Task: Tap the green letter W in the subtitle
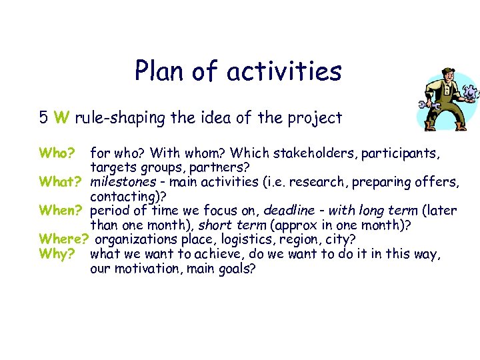point(61,119)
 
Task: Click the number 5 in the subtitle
point(43,119)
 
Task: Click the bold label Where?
point(64,239)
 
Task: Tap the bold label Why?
point(56,253)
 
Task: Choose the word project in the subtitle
point(313,119)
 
